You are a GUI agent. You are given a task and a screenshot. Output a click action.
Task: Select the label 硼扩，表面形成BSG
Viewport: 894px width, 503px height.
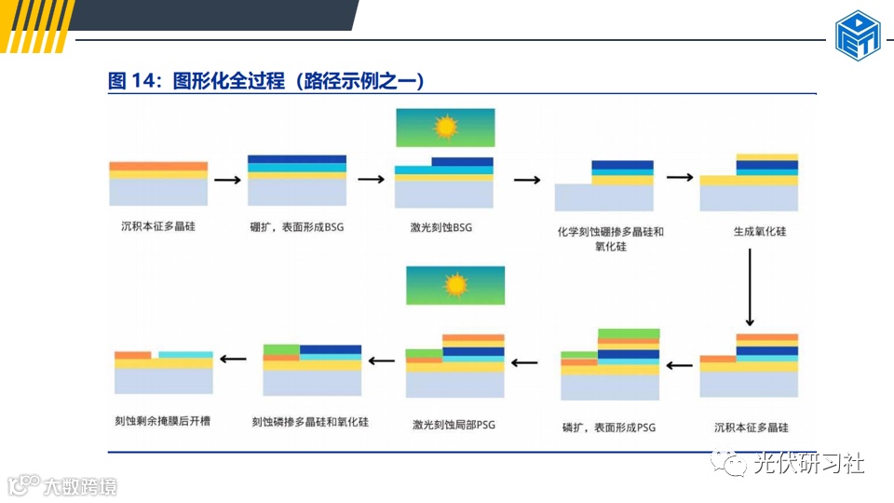[x=297, y=227]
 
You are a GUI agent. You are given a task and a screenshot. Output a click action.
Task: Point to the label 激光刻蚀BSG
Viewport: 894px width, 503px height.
[x=441, y=227]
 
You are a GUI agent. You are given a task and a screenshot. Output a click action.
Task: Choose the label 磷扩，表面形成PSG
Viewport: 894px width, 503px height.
[x=609, y=428]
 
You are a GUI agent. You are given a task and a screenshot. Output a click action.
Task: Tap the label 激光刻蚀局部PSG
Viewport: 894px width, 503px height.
[x=454, y=425]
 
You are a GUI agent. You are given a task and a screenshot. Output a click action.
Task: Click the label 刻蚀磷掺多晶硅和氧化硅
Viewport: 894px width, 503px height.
[x=310, y=422]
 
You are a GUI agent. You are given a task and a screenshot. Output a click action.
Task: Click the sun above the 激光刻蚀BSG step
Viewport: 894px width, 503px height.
[x=446, y=127]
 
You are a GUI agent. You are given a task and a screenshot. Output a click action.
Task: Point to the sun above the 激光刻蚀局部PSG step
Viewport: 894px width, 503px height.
[x=455, y=284]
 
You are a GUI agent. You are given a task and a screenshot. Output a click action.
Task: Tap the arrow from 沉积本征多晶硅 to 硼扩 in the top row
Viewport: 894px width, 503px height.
[x=227, y=179]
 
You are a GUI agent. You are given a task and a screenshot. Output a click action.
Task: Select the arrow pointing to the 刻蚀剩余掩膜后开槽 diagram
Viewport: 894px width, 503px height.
[x=233, y=359]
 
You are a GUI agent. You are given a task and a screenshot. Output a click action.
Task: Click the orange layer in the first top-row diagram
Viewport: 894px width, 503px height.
[x=158, y=166]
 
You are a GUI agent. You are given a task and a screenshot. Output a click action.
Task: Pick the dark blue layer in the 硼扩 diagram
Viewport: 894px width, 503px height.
[x=297, y=159]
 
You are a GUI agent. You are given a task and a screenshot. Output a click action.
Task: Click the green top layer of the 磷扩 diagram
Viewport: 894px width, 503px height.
[x=629, y=333]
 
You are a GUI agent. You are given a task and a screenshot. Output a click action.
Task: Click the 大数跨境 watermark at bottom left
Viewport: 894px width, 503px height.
[x=80, y=486]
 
